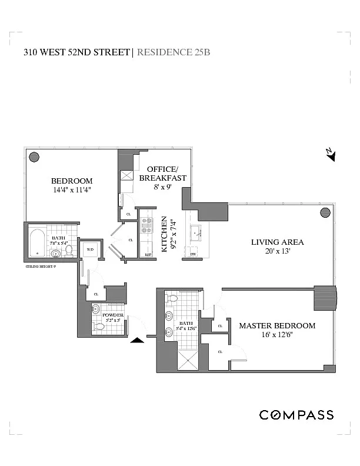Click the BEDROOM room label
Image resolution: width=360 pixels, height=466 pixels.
[71, 181]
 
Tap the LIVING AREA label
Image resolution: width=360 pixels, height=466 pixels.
[277, 242]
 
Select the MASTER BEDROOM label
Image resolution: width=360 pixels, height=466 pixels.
[276, 325]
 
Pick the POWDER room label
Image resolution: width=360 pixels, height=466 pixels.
[113, 315]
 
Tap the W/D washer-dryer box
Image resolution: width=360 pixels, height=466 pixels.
[90, 250]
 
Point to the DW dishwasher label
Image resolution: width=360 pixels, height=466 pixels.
[193, 254]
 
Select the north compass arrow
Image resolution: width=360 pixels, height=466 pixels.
[331, 154]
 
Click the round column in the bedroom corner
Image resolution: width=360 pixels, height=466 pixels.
[34, 157]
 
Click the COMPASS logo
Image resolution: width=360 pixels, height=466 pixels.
[296, 415]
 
